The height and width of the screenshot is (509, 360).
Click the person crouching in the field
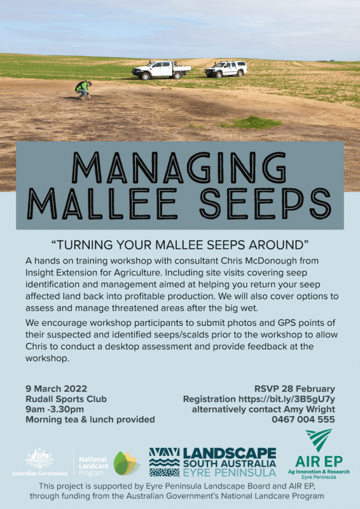[x=83, y=89]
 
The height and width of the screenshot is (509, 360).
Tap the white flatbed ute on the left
[x=161, y=70]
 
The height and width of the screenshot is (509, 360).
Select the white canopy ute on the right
[x=226, y=69]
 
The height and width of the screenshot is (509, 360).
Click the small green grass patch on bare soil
[x=250, y=123]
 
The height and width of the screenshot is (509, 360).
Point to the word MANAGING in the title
[x=179, y=167]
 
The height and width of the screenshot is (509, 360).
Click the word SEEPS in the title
[x=265, y=204]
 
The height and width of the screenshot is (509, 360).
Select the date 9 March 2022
[x=56, y=389]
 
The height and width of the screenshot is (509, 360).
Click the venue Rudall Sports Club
[x=66, y=399]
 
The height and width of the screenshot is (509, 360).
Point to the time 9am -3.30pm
[x=55, y=409]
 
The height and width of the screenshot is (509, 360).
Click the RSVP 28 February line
[x=294, y=389]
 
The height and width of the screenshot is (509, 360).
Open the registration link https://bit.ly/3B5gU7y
[x=287, y=399]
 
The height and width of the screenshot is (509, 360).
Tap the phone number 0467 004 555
[x=303, y=419]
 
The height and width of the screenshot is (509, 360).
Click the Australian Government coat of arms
[x=40, y=458]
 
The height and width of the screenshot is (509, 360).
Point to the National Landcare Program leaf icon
[x=127, y=463]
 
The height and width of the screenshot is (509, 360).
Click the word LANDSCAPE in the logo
[x=230, y=453]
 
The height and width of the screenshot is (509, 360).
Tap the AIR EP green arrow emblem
[x=319, y=440]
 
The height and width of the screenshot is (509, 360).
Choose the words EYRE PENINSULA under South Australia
[x=230, y=473]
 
